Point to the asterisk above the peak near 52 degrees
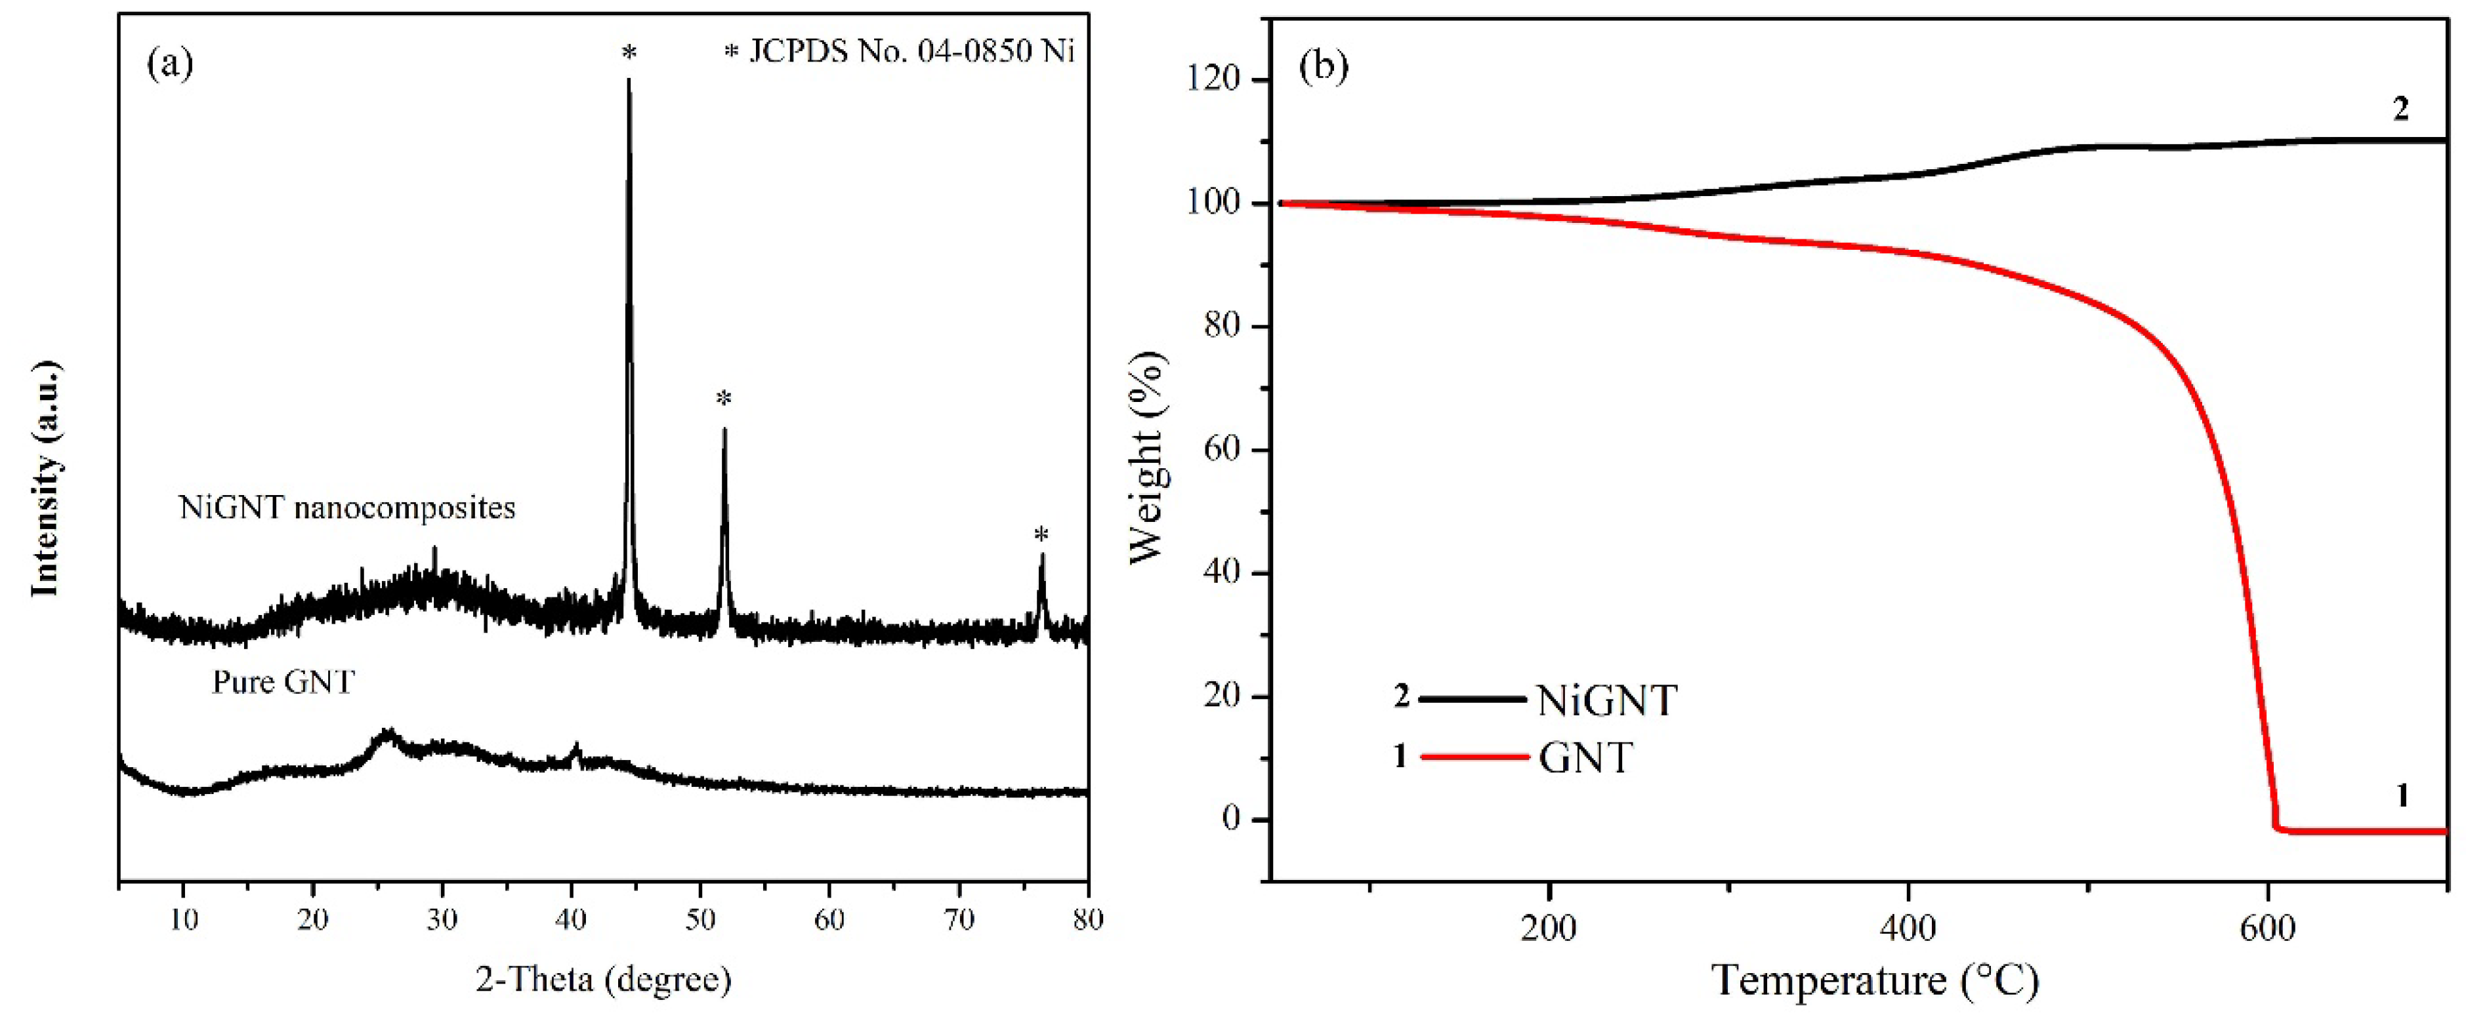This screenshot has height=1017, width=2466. point(724,399)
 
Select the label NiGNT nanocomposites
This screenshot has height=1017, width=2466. point(346,507)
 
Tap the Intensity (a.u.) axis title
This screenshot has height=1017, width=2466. point(46,479)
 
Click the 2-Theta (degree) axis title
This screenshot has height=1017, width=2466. point(603,979)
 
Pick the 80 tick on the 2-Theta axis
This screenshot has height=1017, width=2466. point(1087,921)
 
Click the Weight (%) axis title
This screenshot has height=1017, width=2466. point(1147,457)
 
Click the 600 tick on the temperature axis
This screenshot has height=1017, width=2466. point(2268,927)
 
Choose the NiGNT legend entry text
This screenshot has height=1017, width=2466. point(1606,702)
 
